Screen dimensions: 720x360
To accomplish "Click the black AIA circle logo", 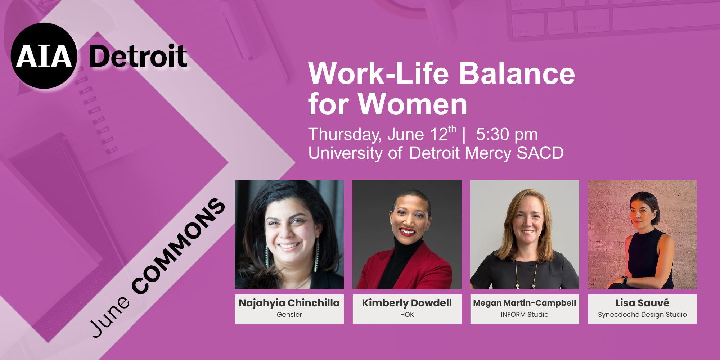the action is pyautogui.click(x=44, y=56).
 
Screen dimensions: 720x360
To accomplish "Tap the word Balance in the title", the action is pyautogui.click(x=517, y=73).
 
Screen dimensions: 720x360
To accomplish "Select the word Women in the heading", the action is pyautogui.click(x=413, y=104).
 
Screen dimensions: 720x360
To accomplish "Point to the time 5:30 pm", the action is pyautogui.click(x=507, y=135).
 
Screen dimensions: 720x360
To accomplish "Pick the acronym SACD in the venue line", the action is pyautogui.click(x=540, y=153).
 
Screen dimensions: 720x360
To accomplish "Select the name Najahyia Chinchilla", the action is pyautogui.click(x=289, y=303).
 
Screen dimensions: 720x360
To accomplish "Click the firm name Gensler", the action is pyautogui.click(x=289, y=314).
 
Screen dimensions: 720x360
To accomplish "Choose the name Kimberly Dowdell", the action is pyautogui.click(x=407, y=303).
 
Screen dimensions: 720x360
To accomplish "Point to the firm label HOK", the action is pyautogui.click(x=407, y=314).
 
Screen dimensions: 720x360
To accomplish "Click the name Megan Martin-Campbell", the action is pyautogui.click(x=525, y=303).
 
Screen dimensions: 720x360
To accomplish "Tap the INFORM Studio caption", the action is pyautogui.click(x=525, y=314).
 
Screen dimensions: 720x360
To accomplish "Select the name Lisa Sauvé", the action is pyautogui.click(x=642, y=303).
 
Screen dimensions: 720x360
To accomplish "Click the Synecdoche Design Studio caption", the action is pyautogui.click(x=642, y=314).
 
